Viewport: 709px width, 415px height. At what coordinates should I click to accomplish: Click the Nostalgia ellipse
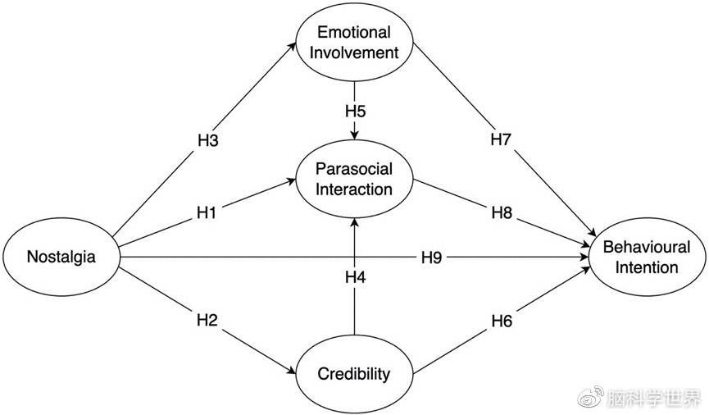pos(61,257)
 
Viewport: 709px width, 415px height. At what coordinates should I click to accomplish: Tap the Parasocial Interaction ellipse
pos(355,179)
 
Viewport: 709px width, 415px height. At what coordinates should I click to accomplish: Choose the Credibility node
pos(354,375)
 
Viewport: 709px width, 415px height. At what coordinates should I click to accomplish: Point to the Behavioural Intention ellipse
pos(647,257)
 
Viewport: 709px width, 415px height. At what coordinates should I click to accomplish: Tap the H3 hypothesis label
pos(207,139)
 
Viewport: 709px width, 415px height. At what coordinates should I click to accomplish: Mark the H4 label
pos(354,277)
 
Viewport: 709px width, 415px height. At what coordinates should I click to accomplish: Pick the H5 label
pos(354,110)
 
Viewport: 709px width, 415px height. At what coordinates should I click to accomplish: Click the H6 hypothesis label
pos(502,321)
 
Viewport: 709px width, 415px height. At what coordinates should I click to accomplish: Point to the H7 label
pos(501,139)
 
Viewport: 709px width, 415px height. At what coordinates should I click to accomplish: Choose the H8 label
pos(502,212)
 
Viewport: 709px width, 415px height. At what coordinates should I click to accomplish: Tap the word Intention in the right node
pos(647,267)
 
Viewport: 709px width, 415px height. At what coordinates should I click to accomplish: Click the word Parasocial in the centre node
pos(355,169)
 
